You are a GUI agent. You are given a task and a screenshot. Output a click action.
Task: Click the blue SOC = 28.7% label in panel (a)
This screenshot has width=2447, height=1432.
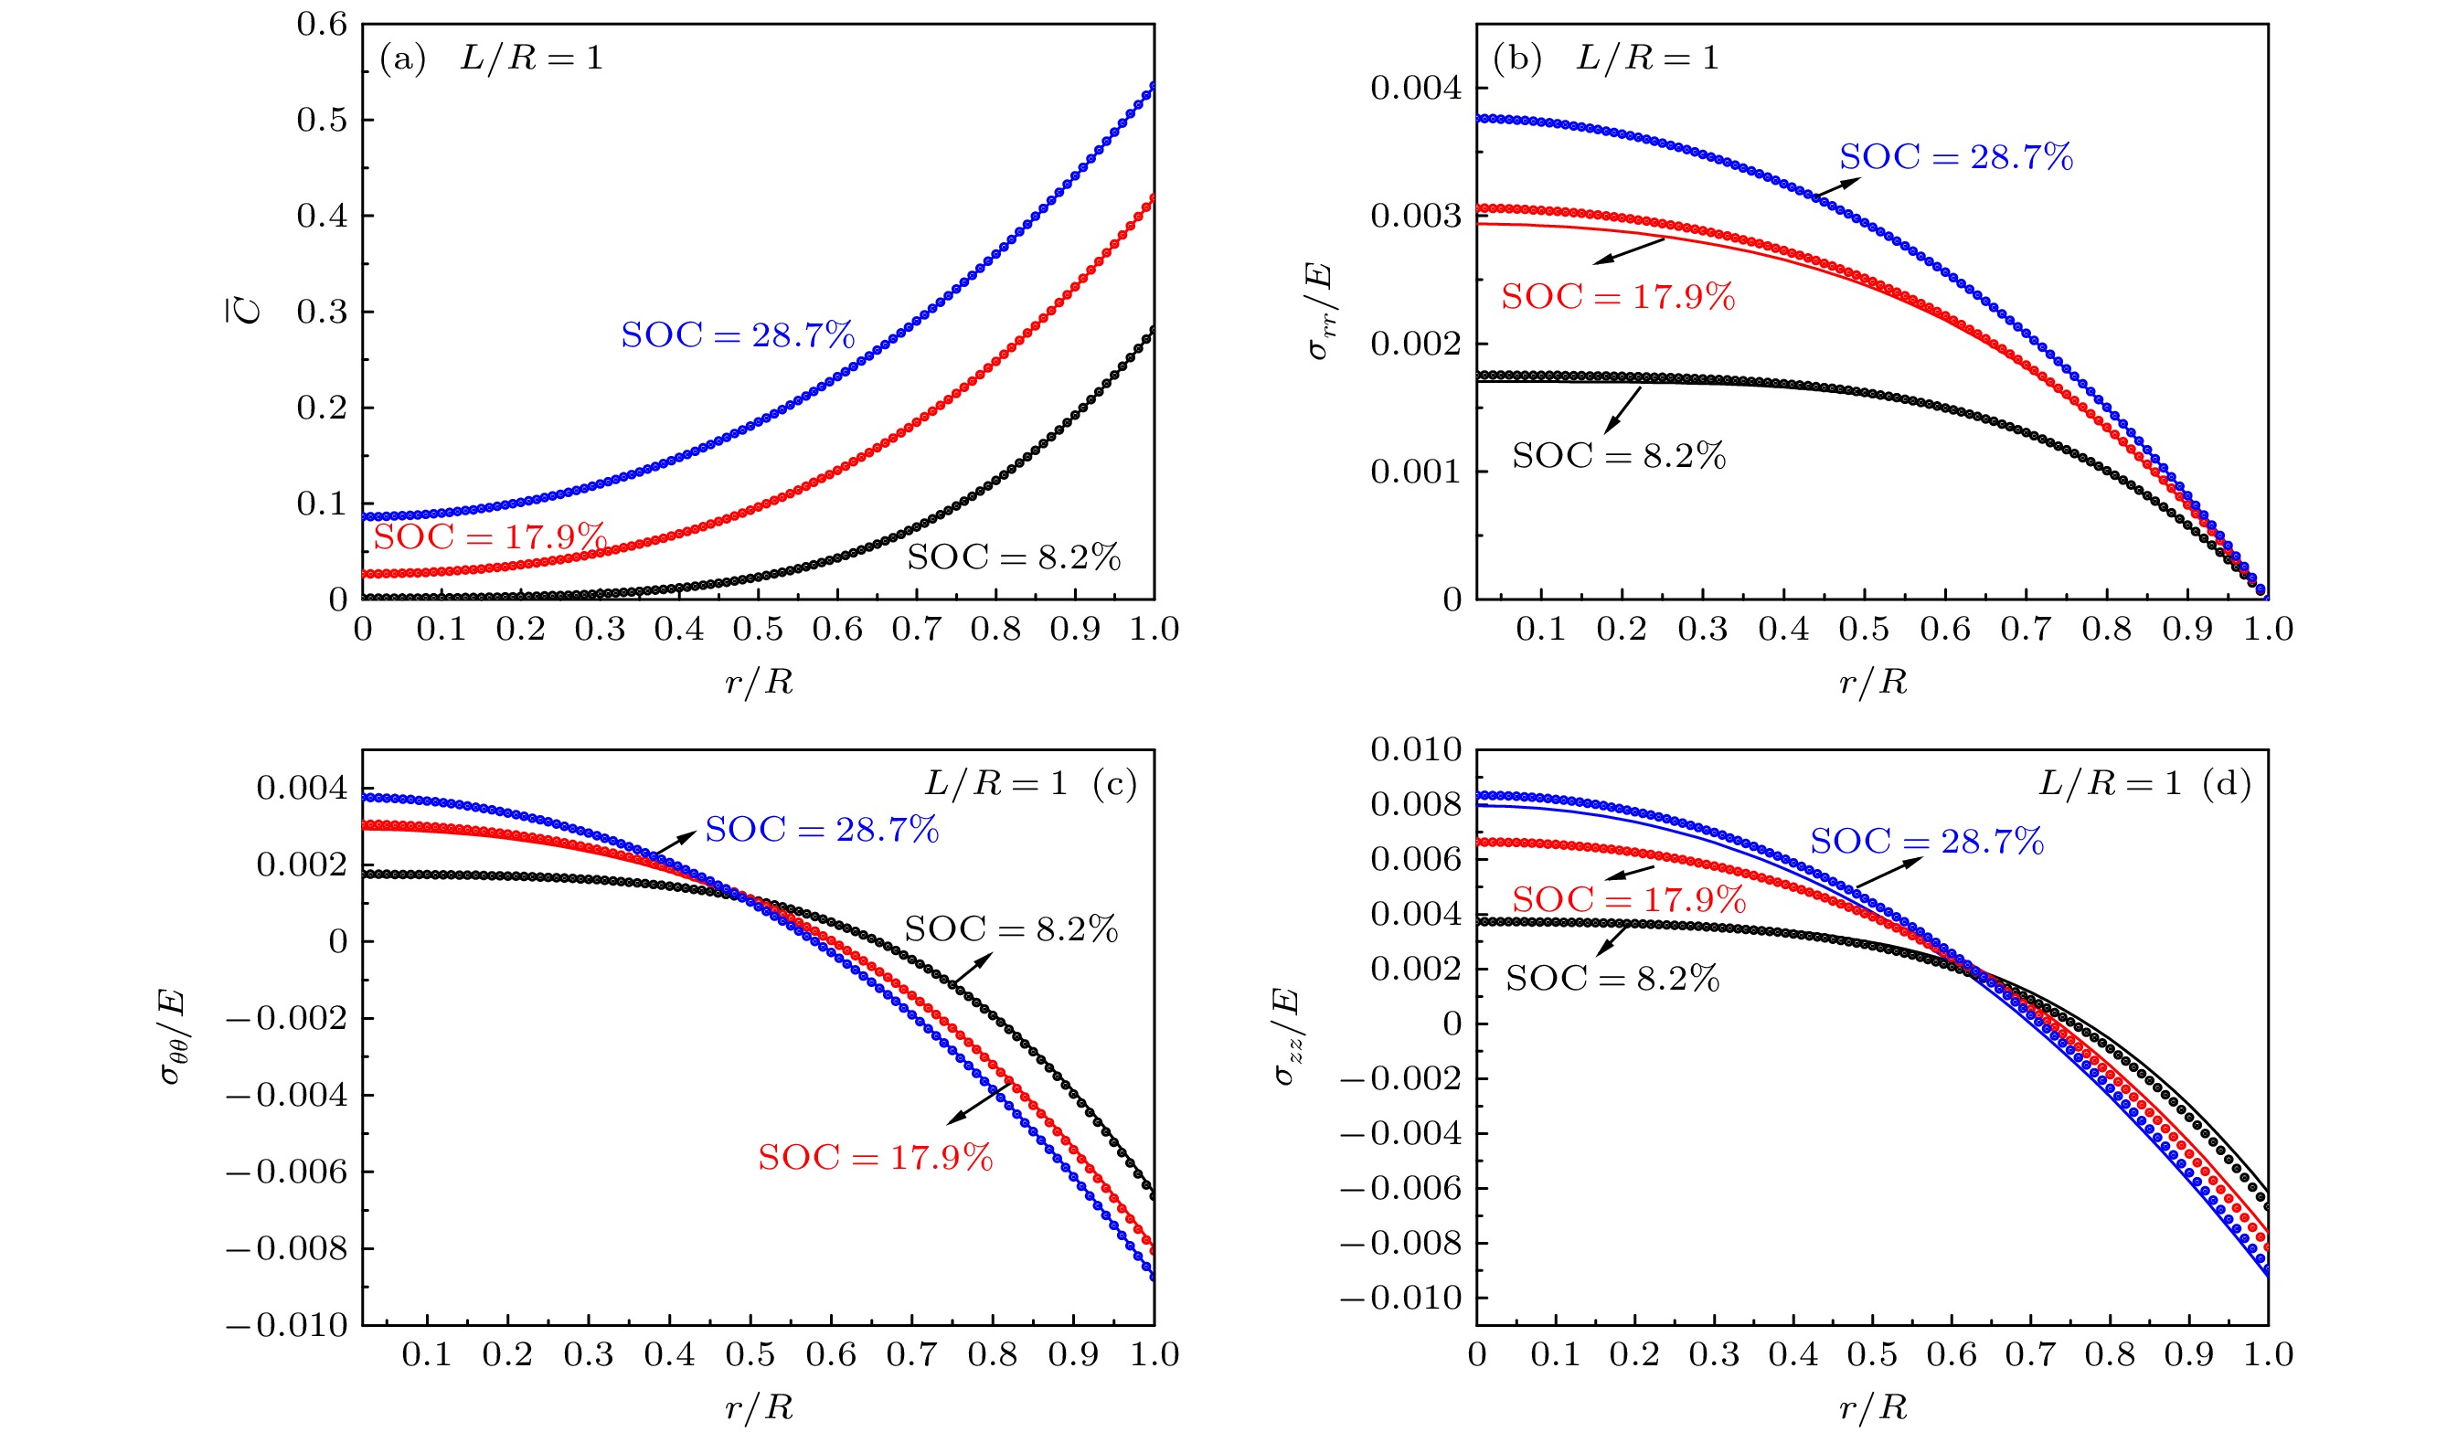click(x=738, y=335)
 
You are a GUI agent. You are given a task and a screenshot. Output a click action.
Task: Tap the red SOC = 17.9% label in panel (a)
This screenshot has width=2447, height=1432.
click(x=490, y=536)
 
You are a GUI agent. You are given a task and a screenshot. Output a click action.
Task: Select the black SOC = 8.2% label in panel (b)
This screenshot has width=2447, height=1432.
click(x=1619, y=455)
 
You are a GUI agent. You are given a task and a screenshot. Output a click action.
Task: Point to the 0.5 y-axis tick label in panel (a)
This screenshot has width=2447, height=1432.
click(x=322, y=121)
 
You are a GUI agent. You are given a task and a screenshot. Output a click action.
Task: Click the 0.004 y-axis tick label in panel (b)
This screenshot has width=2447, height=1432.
click(x=1416, y=89)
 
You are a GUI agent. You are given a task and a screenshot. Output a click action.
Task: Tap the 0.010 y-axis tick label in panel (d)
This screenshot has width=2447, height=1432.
click(x=1416, y=749)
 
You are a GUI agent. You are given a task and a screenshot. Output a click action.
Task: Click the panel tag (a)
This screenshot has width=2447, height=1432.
click(x=403, y=59)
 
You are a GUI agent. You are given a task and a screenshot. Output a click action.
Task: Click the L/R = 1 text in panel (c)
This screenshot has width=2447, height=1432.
click(x=995, y=782)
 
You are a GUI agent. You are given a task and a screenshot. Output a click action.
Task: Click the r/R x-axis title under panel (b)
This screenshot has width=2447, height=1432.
click(x=1873, y=682)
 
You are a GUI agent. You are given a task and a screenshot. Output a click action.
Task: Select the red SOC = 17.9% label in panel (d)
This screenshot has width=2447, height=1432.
click(x=1628, y=900)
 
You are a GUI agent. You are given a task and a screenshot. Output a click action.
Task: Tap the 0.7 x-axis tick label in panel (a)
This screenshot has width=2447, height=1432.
click(x=917, y=629)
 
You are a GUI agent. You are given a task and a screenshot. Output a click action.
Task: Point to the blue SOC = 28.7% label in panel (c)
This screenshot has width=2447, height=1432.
click(x=822, y=830)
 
